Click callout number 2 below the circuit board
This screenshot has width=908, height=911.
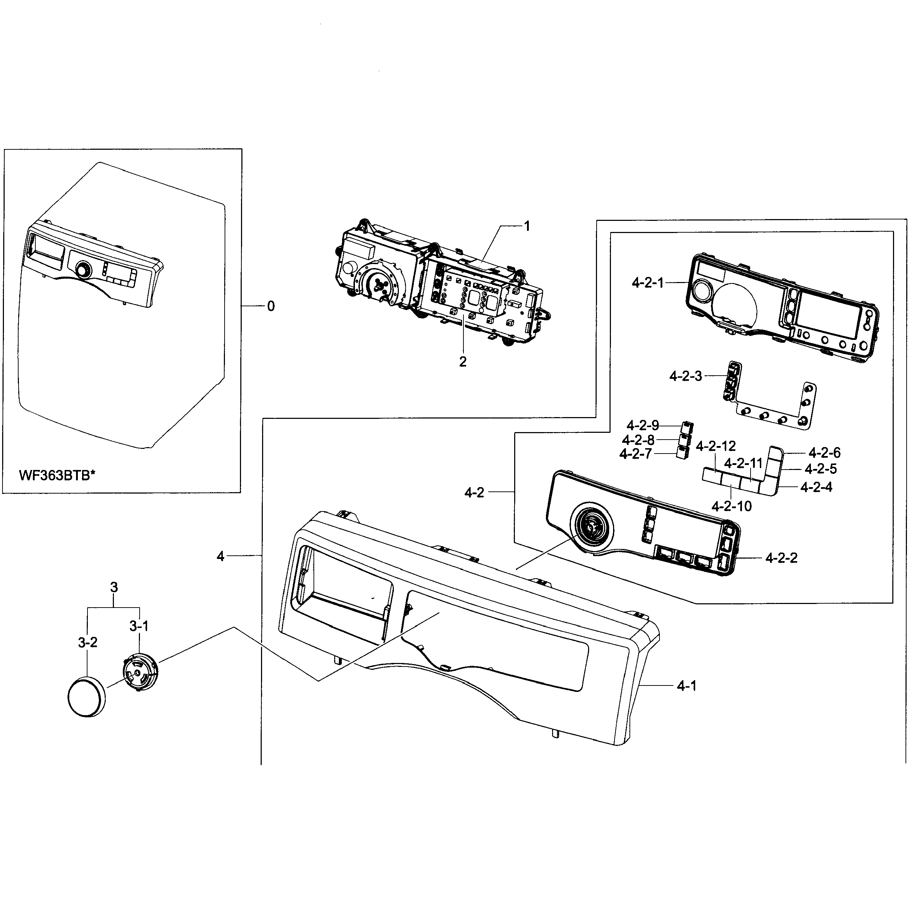point(463,362)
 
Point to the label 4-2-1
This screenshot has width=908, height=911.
point(647,283)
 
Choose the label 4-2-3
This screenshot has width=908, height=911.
point(685,376)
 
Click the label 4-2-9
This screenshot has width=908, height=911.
point(642,426)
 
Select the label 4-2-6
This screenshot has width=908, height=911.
point(824,453)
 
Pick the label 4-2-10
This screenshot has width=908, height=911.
point(731,506)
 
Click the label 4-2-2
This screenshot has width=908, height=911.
point(781,558)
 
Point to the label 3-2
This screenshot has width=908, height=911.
point(87,642)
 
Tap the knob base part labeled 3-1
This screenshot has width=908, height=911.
point(140,672)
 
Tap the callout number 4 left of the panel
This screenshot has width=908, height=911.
point(221,556)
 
